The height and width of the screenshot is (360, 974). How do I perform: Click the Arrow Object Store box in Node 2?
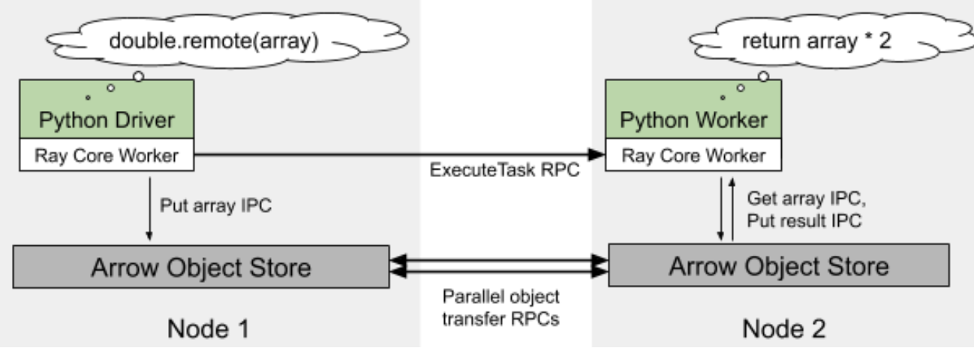(x=778, y=265)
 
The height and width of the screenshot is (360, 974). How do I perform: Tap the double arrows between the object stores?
(x=498, y=265)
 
